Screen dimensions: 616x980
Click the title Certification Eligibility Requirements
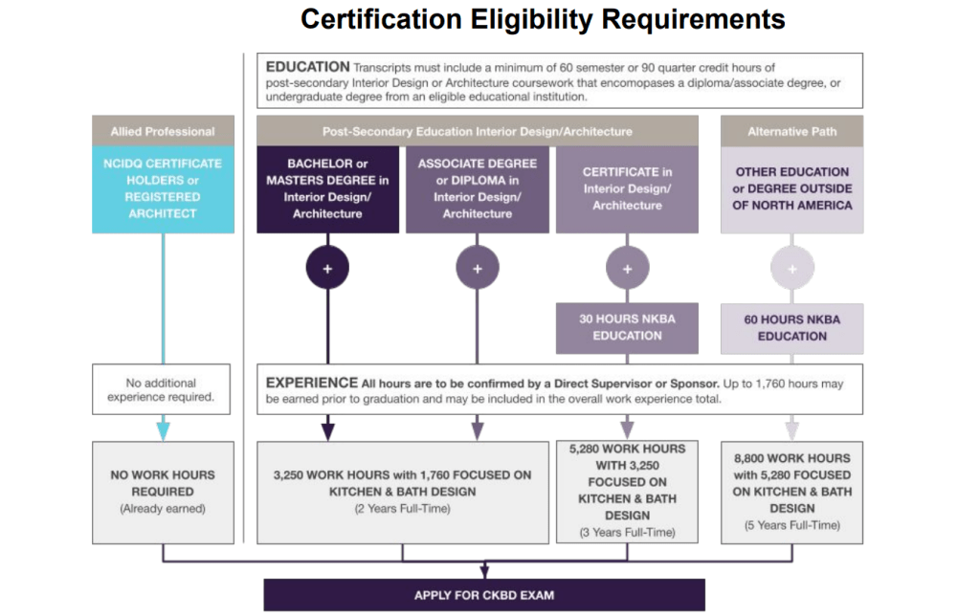[x=543, y=19]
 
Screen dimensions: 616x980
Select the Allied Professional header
[x=162, y=131]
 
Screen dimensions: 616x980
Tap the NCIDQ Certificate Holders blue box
[x=162, y=188]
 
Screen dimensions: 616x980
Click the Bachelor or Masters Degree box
[x=327, y=188]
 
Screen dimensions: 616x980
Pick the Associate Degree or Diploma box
[x=477, y=188]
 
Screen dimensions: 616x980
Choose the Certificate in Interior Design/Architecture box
[x=627, y=188]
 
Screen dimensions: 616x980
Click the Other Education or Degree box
[x=791, y=188]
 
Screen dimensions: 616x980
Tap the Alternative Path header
[x=791, y=131]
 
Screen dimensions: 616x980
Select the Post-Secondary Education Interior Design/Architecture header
[x=477, y=131]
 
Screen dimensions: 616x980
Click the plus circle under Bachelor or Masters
[x=327, y=269]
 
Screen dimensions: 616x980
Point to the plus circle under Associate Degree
[x=477, y=269]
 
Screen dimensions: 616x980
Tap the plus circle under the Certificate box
[x=627, y=269]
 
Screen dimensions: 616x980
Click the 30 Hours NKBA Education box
[x=627, y=328]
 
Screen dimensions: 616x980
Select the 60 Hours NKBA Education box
[x=791, y=328]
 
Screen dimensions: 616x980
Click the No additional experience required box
[x=162, y=388]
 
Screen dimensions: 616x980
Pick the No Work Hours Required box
[x=162, y=491]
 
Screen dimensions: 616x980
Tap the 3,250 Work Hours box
[x=402, y=491]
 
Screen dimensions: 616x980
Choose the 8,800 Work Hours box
[x=791, y=491]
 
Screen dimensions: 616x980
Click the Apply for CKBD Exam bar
[x=483, y=595]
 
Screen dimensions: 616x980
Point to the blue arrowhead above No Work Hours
[x=163, y=430]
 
